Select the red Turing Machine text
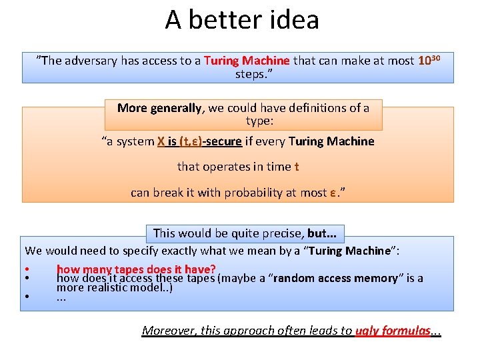tap(247, 61)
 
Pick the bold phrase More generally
tap(159, 107)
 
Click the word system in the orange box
tap(134, 141)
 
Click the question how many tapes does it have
tap(136, 269)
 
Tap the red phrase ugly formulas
tap(393, 330)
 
